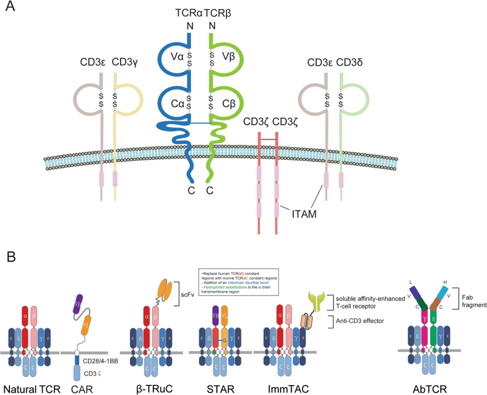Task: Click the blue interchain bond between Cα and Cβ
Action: [200, 123]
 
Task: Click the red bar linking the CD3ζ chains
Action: [267, 139]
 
